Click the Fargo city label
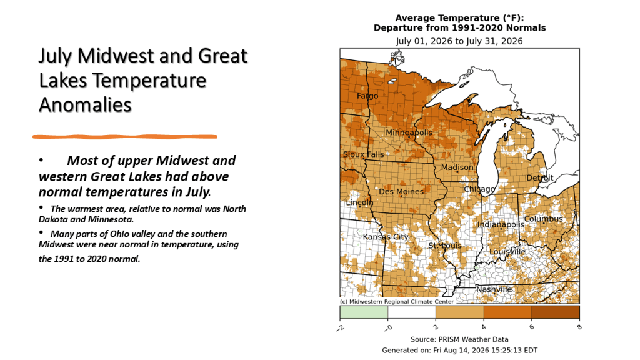(367, 96)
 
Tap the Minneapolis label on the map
(409, 132)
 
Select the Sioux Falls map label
(363, 154)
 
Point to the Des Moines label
(401, 191)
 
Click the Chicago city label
(479, 189)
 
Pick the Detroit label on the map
(539, 177)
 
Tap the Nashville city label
(494, 289)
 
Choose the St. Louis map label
(444, 246)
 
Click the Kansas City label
(385, 237)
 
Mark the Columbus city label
(543, 219)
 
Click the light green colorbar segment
(364, 312)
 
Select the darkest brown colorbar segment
(556, 312)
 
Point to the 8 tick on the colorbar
(579, 327)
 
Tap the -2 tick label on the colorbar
(340, 327)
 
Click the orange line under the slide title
(125, 137)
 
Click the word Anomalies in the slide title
(85, 105)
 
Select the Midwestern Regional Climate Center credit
(397, 302)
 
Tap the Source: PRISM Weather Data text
(459, 339)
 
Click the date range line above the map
(459, 41)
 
